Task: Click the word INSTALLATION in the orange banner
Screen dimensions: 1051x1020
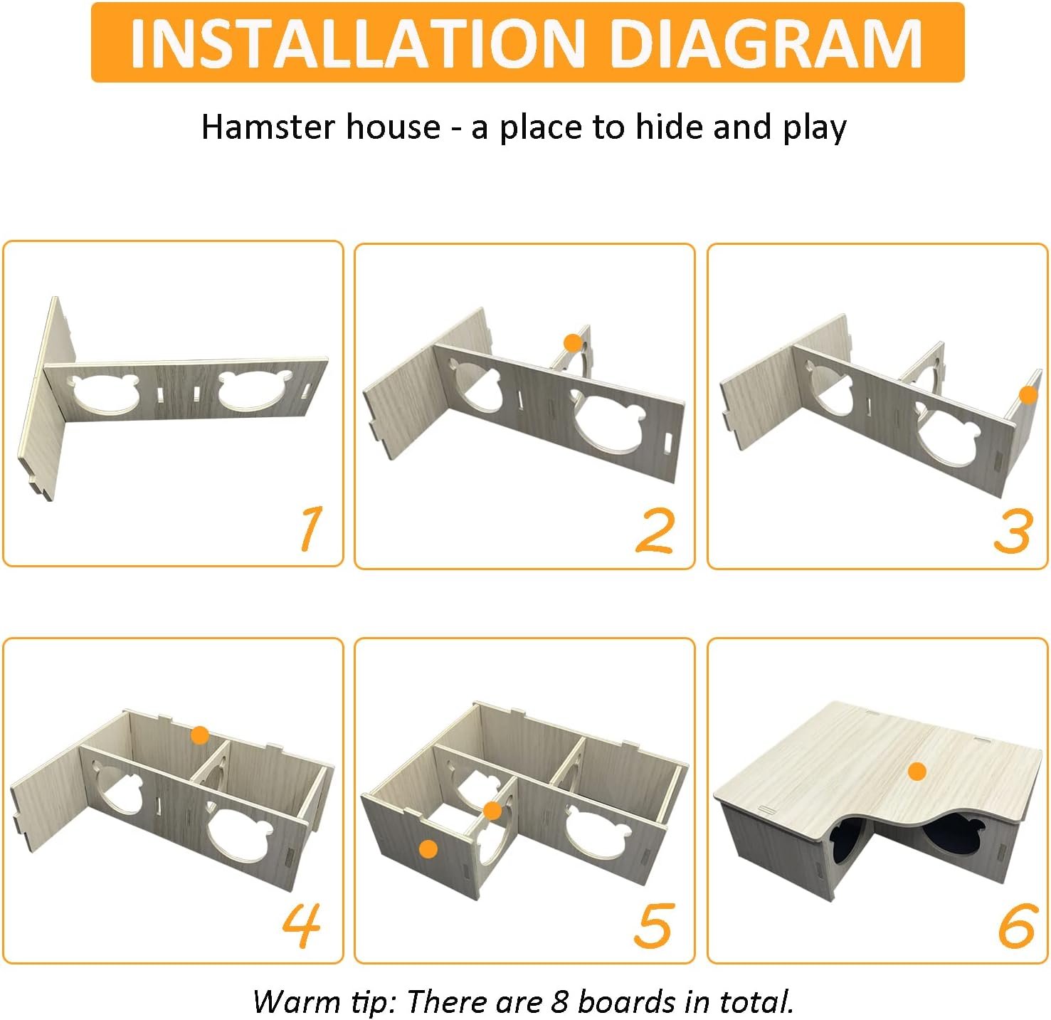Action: pos(357,43)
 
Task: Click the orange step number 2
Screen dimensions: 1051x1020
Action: pos(655,530)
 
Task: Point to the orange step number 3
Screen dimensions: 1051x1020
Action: pos(1014,530)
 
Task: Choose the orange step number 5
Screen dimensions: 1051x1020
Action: pos(654,926)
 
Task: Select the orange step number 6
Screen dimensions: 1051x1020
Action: pos(1016,926)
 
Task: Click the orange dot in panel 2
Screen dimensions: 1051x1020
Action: pos(573,342)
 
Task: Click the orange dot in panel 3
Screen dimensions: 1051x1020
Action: pos(1029,395)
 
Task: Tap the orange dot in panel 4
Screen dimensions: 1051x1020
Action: pos(200,735)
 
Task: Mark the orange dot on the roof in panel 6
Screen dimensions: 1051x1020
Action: pos(917,772)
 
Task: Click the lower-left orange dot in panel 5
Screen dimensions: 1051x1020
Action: pos(428,848)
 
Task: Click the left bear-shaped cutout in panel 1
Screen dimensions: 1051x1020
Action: pos(103,393)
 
